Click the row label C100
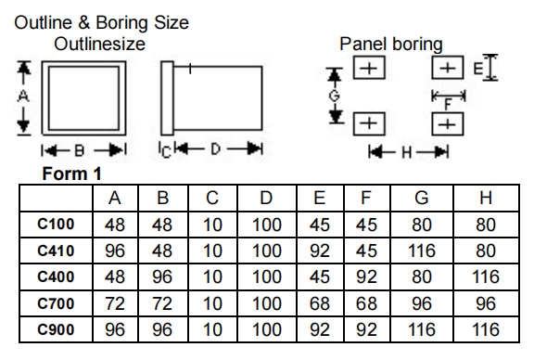click(56, 225)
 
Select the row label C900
click(56, 329)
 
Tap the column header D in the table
click(266, 198)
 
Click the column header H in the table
click(486, 198)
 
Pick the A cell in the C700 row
click(115, 303)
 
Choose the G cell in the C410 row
click(422, 251)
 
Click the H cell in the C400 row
click(486, 276)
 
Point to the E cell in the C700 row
click(320, 303)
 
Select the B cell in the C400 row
click(162, 276)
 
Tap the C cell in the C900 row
click(212, 329)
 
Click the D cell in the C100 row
click(267, 225)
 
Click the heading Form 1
click(72, 174)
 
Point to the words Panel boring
click(391, 44)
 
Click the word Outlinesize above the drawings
click(99, 44)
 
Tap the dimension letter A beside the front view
click(23, 96)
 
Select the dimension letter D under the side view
click(215, 149)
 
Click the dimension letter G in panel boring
click(335, 96)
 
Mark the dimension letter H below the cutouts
click(407, 153)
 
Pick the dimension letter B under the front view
click(80, 150)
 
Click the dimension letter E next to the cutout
click(478, 69)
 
